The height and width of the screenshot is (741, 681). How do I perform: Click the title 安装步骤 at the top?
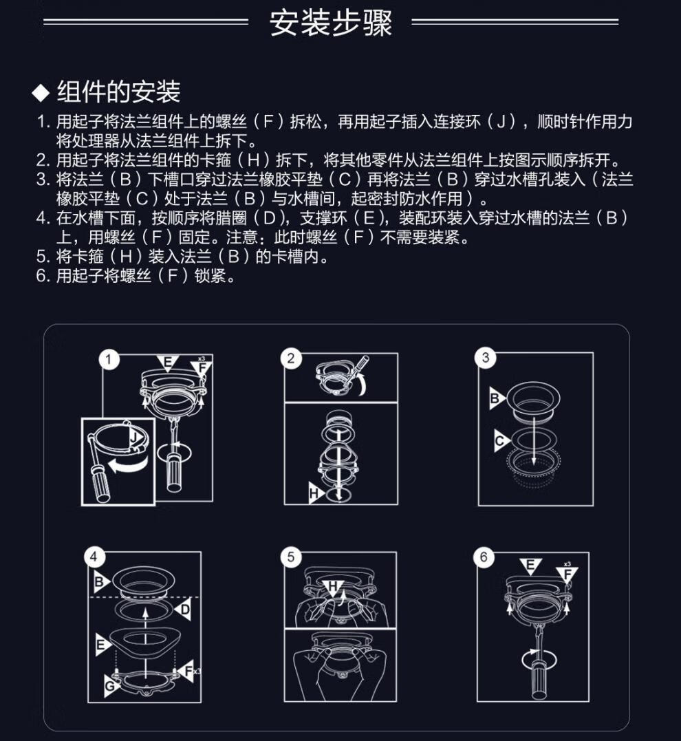(331, 23)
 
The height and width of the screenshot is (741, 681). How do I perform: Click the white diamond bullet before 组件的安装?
(41, 93)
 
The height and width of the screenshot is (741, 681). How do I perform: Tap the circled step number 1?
(109, 360)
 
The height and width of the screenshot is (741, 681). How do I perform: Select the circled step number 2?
(291, 358)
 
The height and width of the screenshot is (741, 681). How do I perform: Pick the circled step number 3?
(486, 358)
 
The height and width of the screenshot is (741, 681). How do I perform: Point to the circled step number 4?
(94, 557)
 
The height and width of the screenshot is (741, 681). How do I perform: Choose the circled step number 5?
(291, 557)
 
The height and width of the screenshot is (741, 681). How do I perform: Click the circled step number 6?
(484, 557)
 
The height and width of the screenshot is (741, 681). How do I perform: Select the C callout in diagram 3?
(501, 441)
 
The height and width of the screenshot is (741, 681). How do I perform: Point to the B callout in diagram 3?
(496, 398)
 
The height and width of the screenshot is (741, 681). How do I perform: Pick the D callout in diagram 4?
(184, 610)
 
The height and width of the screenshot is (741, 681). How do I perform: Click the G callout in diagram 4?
(111, 685)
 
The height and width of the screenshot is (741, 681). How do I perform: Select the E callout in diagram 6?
(530, 566)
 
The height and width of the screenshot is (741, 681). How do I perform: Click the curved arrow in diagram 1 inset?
(127, 466)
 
